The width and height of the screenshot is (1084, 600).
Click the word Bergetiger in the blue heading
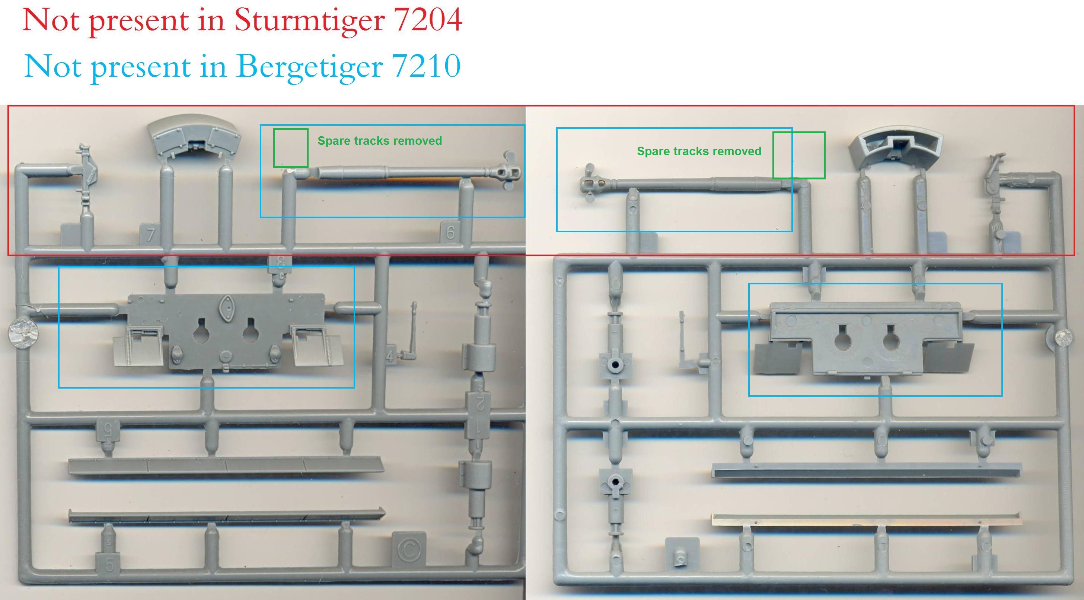tap(309, 67)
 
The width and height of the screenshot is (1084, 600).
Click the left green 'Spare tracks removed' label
tap(380, 141)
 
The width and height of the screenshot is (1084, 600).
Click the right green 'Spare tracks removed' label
tap(699, 151)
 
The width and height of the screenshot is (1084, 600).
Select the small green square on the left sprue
tap(291, 148)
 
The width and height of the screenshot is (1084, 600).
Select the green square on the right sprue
tap(799, 155)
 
